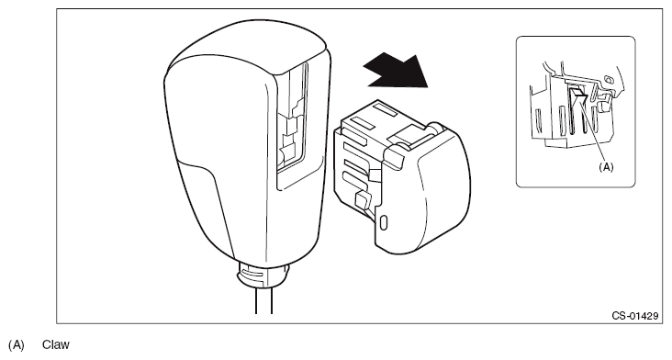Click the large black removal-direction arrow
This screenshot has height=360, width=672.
tap(397, 71)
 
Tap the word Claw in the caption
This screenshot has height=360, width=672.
tap(56, 345)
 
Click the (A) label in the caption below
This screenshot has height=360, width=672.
tap(17, 345)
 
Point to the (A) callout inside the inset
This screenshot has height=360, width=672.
tap(606, 167)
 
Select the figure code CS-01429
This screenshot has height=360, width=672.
tap(634, 316)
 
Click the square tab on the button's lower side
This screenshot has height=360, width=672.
tap(363, 200)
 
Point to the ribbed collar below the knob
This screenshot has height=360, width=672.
tap(263, 275)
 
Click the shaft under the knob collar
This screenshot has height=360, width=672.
tap(263, 300)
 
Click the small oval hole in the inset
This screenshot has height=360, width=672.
tap(608, 79)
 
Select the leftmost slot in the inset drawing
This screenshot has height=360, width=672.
tap(538, 120)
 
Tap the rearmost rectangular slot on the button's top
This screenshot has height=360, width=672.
tap(388, 113)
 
